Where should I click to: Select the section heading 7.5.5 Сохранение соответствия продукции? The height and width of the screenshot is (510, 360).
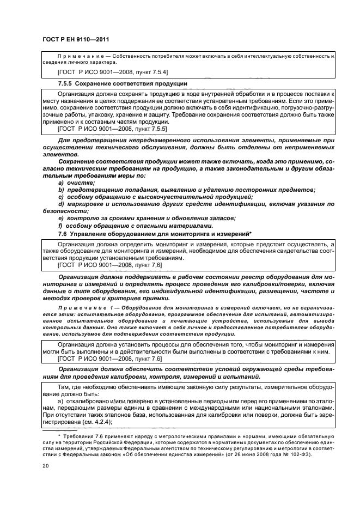click(x=123, y=83)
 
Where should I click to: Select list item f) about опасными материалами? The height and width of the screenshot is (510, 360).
click(x=125, y=226)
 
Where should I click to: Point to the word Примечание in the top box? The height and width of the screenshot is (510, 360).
click(x=77, y=57)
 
